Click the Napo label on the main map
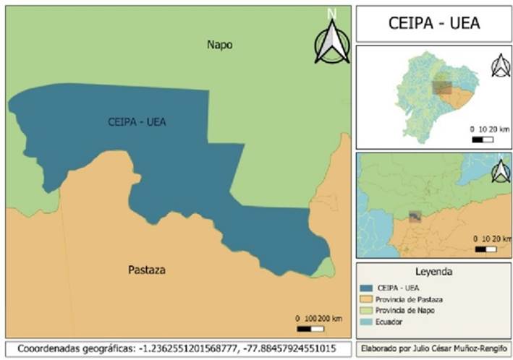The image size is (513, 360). pyautogui.click(x=220, y=45)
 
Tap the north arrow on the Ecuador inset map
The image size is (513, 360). pyautogui.click(x=500, y=66)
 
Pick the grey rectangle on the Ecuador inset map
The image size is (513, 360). pyautogui.click(x=441, y=88)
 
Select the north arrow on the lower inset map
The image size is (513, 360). pyautogui.click(x=499, y=172)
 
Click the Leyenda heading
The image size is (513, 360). pyautogui.click(x=433, y=273)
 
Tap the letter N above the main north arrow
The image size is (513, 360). pyautogui.click(x=331, y=13)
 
